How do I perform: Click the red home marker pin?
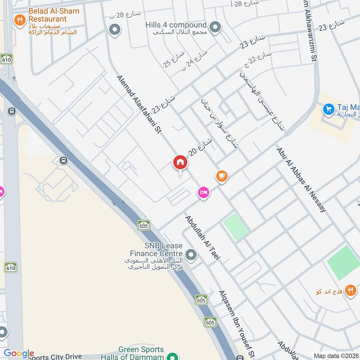pyautogui.click(x=180, y=163)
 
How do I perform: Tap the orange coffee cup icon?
pyautogui.click(x=221, y=176)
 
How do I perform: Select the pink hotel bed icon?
pyautogui.click(x=203, y=193)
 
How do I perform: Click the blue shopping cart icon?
pyautogui.click(x=328, y=108)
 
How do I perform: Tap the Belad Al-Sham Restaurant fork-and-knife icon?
pyautogui.click(x=19, y=20)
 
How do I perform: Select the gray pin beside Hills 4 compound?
pyautogui.click(x=216, y=28)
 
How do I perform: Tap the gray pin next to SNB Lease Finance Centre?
pyautogui.click(x=192, y=256)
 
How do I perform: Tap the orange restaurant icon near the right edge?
pyautogui.click(x=351, y=290)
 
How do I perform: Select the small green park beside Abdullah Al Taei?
pyautogui.click(x=236, y=227)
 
